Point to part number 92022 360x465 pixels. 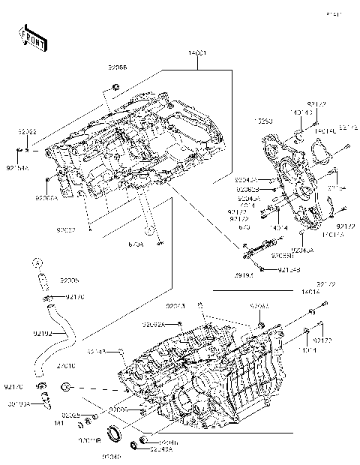tap(27, 131)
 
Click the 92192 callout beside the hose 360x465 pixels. tap(42, 332)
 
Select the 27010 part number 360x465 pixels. tap(64, 365)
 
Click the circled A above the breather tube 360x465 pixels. tap(37, 262)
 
